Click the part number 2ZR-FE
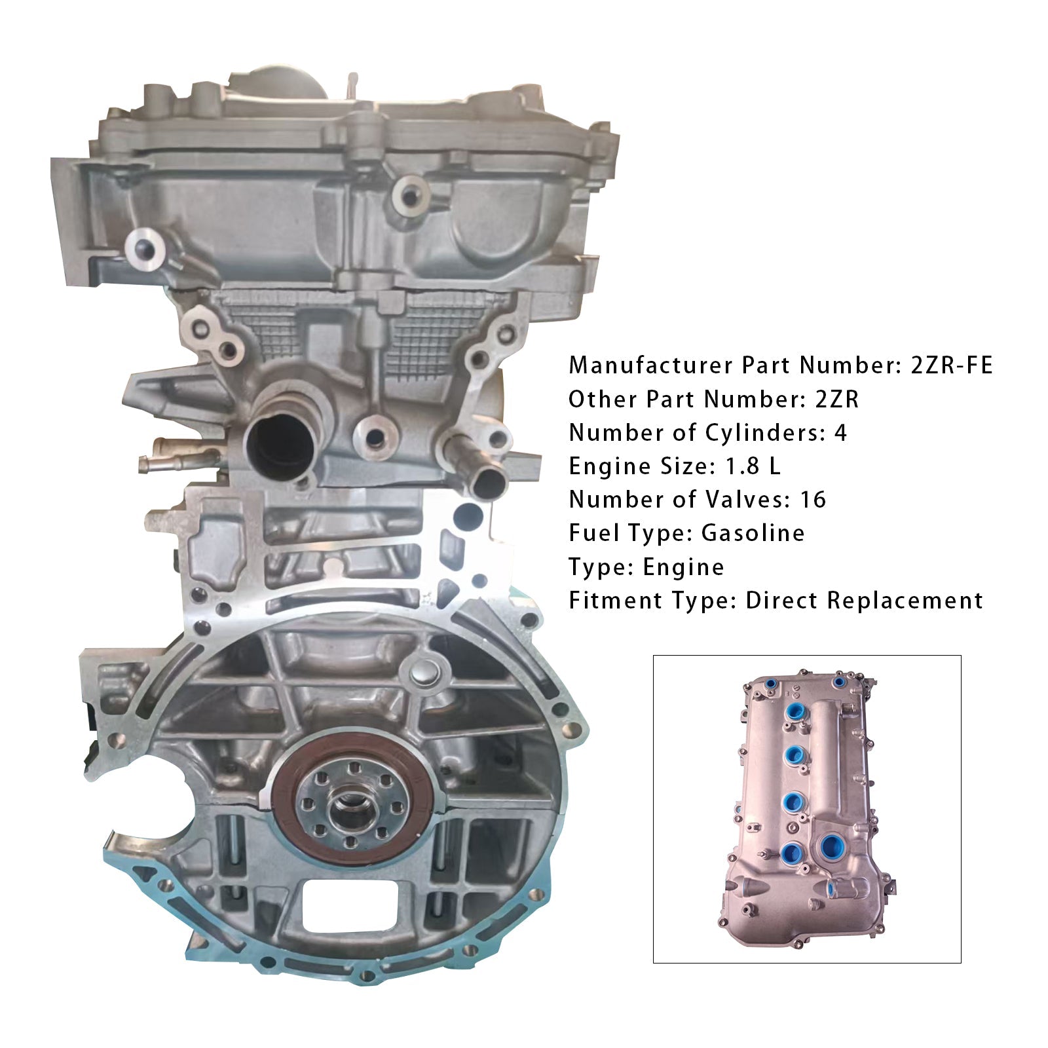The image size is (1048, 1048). coord(951,365)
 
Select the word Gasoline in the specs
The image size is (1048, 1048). coord(753,533)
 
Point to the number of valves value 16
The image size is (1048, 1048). coord(813,500)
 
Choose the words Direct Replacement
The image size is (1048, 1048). coord(865,601)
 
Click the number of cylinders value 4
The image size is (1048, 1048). coord(840,433)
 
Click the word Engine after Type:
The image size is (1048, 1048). coord(683,567)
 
